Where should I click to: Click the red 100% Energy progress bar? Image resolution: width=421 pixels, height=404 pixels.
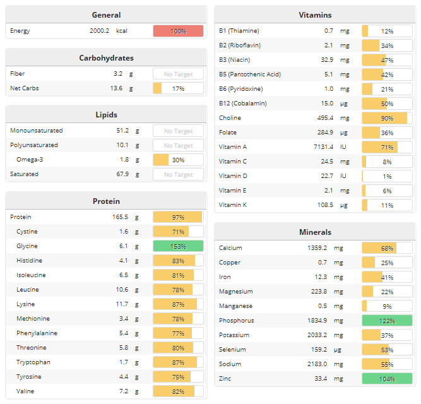(178, 31)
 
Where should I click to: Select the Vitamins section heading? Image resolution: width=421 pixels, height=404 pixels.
(315, 15)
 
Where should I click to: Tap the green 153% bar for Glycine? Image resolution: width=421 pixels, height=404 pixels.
(178, 246)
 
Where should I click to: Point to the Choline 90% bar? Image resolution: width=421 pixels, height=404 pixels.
(387, 118)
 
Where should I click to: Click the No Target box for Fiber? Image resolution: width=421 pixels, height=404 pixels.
(178, 74)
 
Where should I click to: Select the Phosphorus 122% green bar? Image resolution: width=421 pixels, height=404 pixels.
(387, 321)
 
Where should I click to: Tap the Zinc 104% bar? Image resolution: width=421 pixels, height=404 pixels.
(387, 379)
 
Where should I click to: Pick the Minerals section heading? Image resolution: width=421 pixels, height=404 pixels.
(315, 232)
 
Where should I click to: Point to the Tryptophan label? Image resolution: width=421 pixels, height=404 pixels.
(33, 362)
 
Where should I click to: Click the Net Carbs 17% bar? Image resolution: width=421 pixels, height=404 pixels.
(178, 88)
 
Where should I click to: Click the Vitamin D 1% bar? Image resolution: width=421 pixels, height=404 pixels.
(387, 176)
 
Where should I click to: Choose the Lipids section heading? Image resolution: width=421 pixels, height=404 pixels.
(106, 115)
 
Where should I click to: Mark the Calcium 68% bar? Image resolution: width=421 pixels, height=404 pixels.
(387, 248)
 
